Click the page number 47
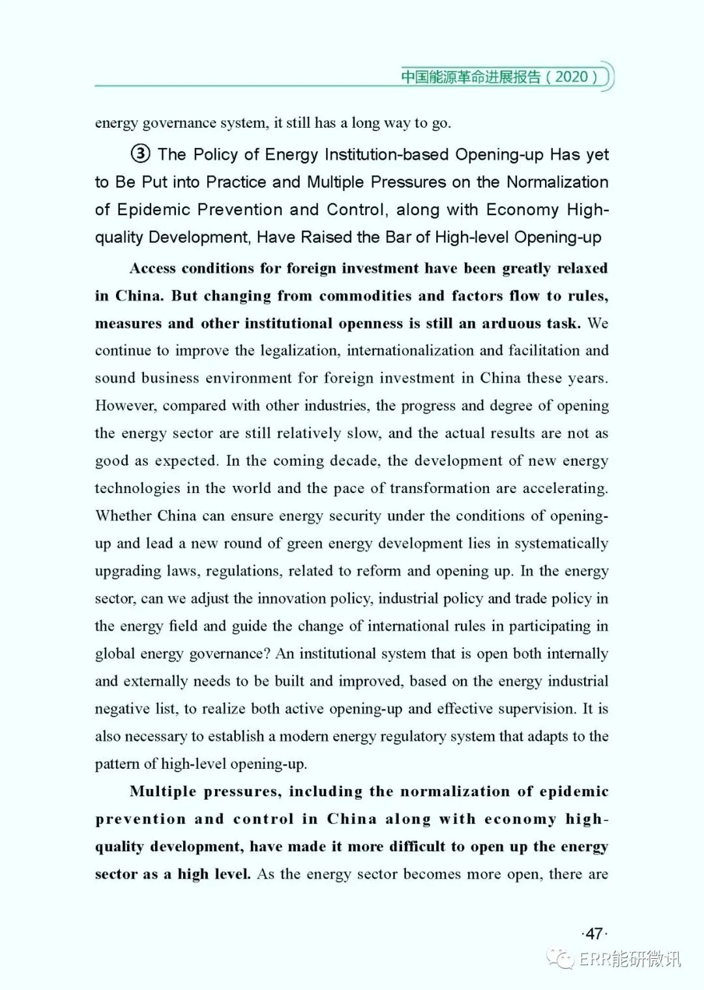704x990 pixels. [594, 934]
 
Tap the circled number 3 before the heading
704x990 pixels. [141, 155]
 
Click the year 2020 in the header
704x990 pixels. [572, 76]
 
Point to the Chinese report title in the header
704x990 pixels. [471, 76]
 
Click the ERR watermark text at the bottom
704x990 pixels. [629, 959]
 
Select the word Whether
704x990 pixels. [123, 516]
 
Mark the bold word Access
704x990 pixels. [153, 269]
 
